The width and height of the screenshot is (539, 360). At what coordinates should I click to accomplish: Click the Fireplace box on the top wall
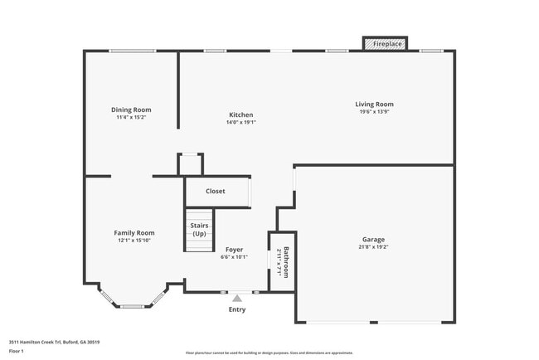click(x=386, y=43)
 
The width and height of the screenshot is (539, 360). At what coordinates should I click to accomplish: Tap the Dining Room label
click(x=131, y=109)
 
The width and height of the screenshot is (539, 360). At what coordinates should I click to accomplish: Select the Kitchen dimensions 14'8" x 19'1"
click(x=241, y=122)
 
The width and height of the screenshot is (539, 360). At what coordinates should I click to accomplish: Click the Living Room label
click(x=372, y=104)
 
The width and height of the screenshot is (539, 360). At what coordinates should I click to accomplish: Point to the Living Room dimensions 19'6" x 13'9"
click(x=372, y=111)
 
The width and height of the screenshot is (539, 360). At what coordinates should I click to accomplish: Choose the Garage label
click(x=372, y=239)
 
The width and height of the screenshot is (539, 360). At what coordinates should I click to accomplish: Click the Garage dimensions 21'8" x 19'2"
click(x=372, y=246)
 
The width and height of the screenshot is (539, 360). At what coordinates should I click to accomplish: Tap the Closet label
click(x=216, y=191)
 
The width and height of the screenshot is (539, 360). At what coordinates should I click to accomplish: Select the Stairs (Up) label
click(x=199, y=229)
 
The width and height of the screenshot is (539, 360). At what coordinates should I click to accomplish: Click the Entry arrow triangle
click(x=237, y=298)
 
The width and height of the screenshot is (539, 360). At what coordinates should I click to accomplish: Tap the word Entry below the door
click(x=237, y=309)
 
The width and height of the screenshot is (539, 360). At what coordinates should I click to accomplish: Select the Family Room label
click(x=134, y=233)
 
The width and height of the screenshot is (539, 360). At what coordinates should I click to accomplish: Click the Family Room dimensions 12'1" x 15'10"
click(x=134, y=241)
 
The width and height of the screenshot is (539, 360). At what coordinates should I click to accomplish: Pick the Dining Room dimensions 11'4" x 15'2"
click(x=131, y=117)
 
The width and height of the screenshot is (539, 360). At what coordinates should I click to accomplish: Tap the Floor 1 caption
click(x=17, y=351)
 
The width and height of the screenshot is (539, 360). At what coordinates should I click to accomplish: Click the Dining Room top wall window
click(x=133, y=51)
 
